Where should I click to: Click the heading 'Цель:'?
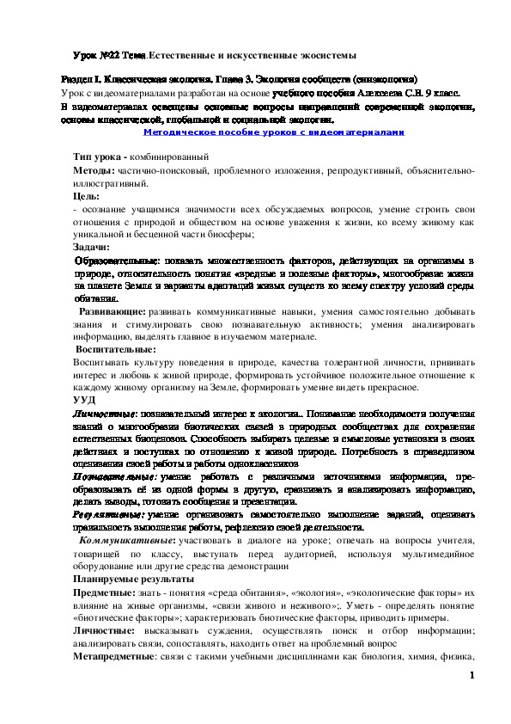click(x=87, y=197)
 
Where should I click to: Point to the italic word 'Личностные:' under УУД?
click(x=106, y=414)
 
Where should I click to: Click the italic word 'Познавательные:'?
click(x=114, y=476)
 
